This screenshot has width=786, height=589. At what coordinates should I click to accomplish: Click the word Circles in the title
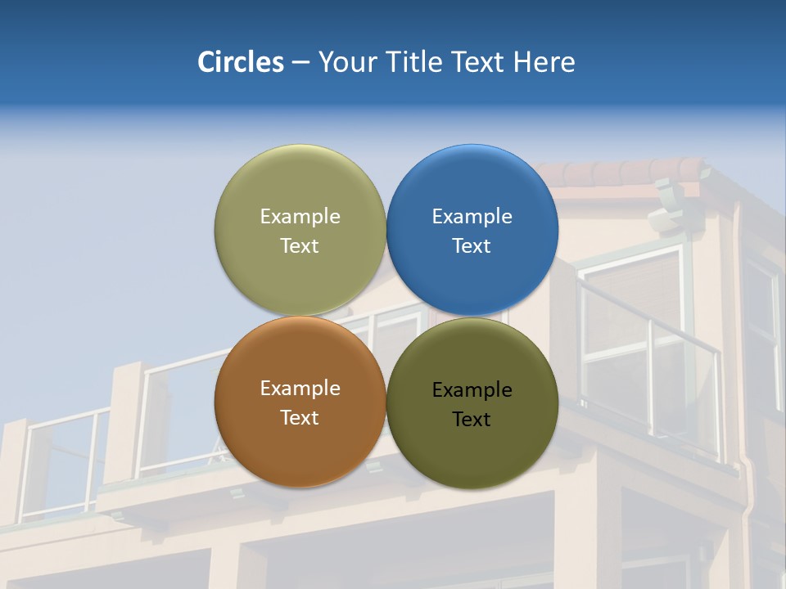pos(240,62)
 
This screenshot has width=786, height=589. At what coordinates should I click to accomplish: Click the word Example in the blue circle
pos(472,217)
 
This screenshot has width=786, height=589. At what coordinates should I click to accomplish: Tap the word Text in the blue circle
pos(472,246)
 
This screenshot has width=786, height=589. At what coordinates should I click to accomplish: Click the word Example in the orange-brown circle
pos(300,389)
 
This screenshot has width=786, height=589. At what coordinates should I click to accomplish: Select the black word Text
pos(472,420)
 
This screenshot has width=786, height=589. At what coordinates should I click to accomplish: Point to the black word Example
pos(472,390)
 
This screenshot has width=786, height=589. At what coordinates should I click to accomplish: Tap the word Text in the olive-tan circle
pos(300,246)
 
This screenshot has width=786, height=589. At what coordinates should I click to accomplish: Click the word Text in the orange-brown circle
pos(300,418)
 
